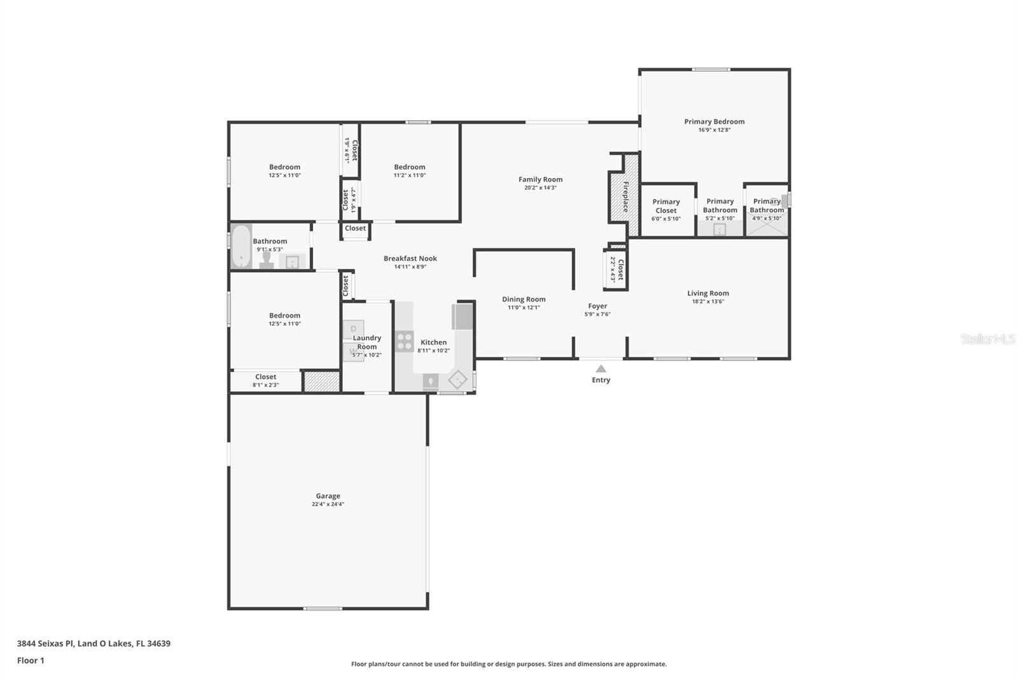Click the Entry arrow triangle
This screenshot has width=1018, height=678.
tap(601, 368)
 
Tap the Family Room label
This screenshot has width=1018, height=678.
tap(540, 179)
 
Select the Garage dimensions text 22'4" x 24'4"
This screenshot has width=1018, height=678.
tap(328, 504)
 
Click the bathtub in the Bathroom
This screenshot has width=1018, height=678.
tap(241, 246)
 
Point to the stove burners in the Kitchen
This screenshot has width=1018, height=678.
tap(405, 342)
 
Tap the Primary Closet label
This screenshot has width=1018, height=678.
tap(666, 206)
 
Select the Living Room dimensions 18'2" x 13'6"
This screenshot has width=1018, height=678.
tap(708, 301)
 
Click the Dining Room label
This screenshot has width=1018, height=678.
tap(523, 299)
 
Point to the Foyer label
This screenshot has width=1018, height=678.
tap(597, 306)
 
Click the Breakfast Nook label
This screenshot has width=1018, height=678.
tap(410, 258)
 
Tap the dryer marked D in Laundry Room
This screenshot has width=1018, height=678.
tap(353, 329)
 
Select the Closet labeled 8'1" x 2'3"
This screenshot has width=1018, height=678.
tap(265, 380)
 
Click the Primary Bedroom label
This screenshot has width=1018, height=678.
tap(714, 121)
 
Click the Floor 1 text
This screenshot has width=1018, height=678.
tap(31, 660)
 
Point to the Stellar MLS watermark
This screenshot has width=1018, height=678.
tap(987, 339)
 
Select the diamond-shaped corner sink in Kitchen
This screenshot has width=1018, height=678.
tap(457, 380)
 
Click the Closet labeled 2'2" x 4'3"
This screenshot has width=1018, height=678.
tap(617, 269)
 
